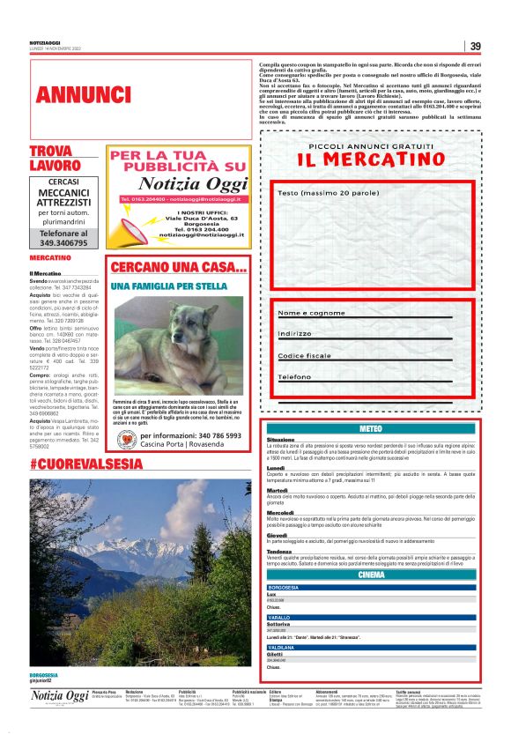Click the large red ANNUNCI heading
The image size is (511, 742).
85,94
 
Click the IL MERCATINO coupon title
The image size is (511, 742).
371,160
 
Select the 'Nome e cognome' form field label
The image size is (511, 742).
311,313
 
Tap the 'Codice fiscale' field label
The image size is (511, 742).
306,355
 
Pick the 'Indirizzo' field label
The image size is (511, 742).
295,334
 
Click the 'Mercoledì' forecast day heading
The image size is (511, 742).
281,512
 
